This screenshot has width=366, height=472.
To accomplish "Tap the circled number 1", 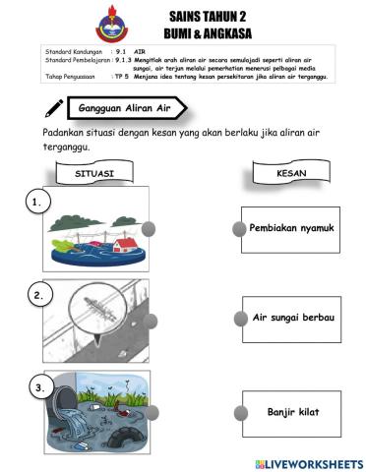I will pyautogui.click(x=36, y=203).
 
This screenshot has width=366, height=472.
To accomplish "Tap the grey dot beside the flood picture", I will pyautogui.click(x=149, y=228).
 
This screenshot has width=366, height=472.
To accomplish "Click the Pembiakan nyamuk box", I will pyautogui.click(x=291, y=228).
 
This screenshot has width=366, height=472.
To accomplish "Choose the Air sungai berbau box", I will pyautogui.click(x=291, y=319).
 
